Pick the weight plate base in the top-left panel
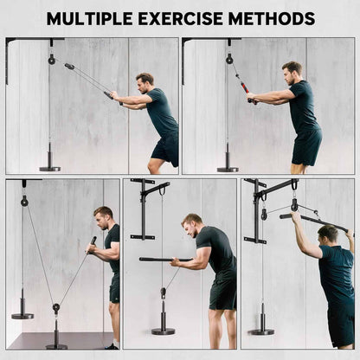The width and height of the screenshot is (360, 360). pos(49,167)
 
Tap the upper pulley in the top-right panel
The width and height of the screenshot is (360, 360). pos(229,59)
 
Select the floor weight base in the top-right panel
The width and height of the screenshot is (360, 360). pos(228,168)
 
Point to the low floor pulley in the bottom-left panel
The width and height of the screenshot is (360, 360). pos(55,307)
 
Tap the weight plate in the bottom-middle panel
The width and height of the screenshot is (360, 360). pos(162,330)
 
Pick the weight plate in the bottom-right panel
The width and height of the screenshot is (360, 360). pos(261,330)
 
